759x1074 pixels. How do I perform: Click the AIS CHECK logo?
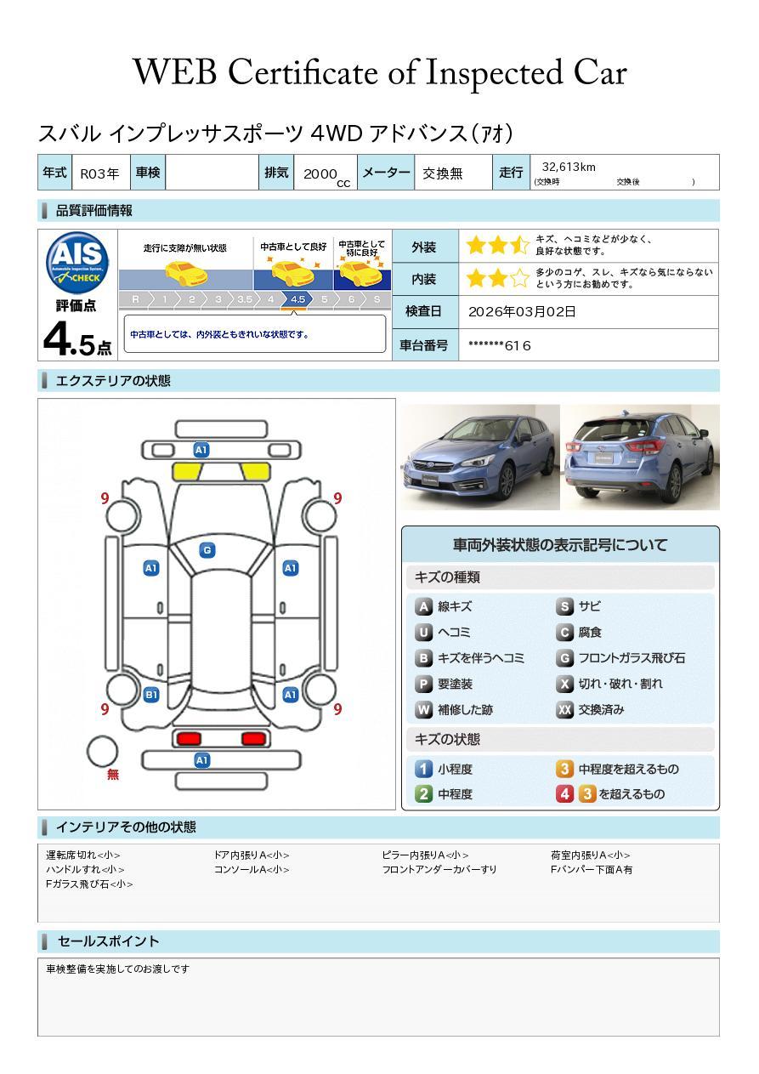[77, 263]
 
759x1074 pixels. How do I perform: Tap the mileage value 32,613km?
[569, 167]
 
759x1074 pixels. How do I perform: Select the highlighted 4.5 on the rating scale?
[297, 299]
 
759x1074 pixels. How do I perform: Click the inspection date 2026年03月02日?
[522, 311]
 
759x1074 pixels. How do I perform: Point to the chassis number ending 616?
[499, 345]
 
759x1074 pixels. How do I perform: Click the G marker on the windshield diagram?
[207, 550]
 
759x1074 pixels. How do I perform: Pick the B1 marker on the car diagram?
[151, 695]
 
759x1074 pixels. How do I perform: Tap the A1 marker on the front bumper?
[201, 450]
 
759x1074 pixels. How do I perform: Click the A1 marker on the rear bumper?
[201, 760]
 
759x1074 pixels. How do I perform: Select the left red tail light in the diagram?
[189, 739]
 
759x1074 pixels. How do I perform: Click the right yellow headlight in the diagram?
[255, 472]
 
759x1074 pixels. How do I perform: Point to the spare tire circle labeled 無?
[102, 752]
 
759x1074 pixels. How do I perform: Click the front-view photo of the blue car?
[480, 457]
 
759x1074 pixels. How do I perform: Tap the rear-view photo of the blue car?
[640, 457]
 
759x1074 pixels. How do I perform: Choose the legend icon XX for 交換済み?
[564, 709]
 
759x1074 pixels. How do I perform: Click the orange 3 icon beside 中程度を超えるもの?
[564, 769]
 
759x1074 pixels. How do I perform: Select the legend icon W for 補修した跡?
[423, 709]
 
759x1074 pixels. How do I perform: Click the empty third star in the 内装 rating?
[519, 278]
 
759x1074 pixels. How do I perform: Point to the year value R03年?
[99, 173]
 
